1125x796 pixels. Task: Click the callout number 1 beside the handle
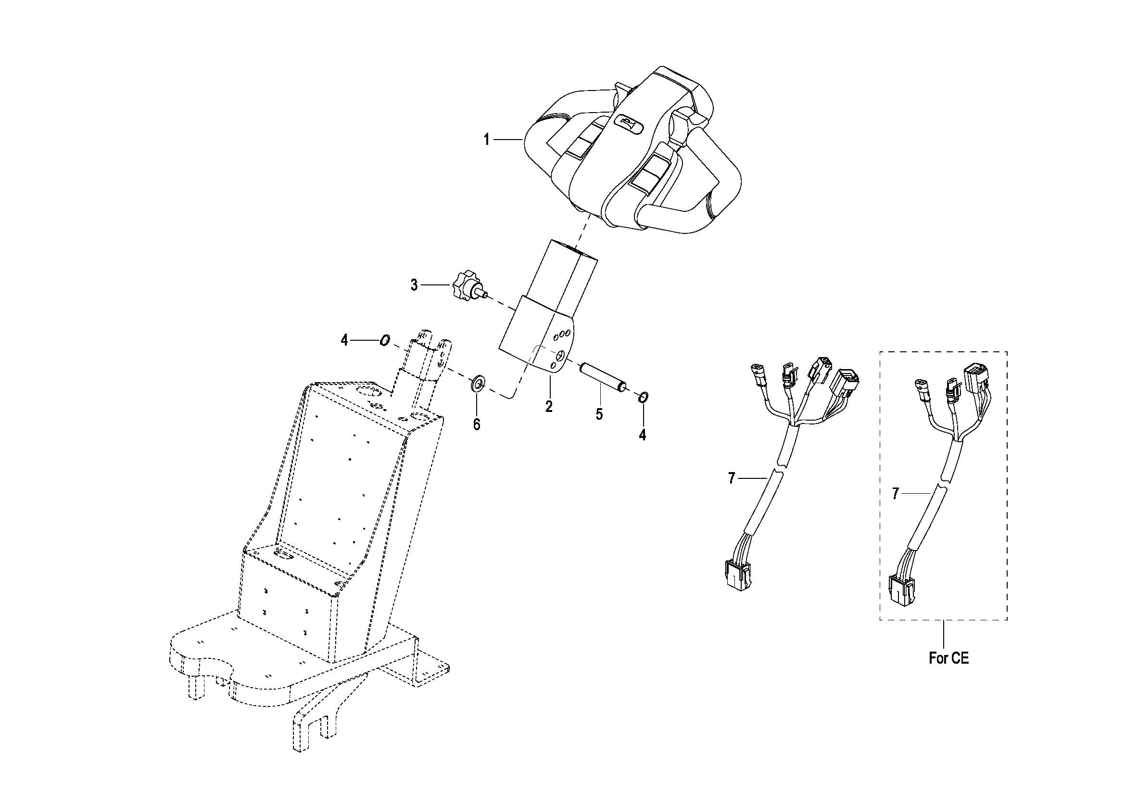[x=487, y=140]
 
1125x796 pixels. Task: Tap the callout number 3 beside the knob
[x=415, y=285]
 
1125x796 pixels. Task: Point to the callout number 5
[x=599, y=414]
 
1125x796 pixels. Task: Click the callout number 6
[x=477, y=424]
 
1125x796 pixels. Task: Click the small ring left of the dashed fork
[x=385, y=340]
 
